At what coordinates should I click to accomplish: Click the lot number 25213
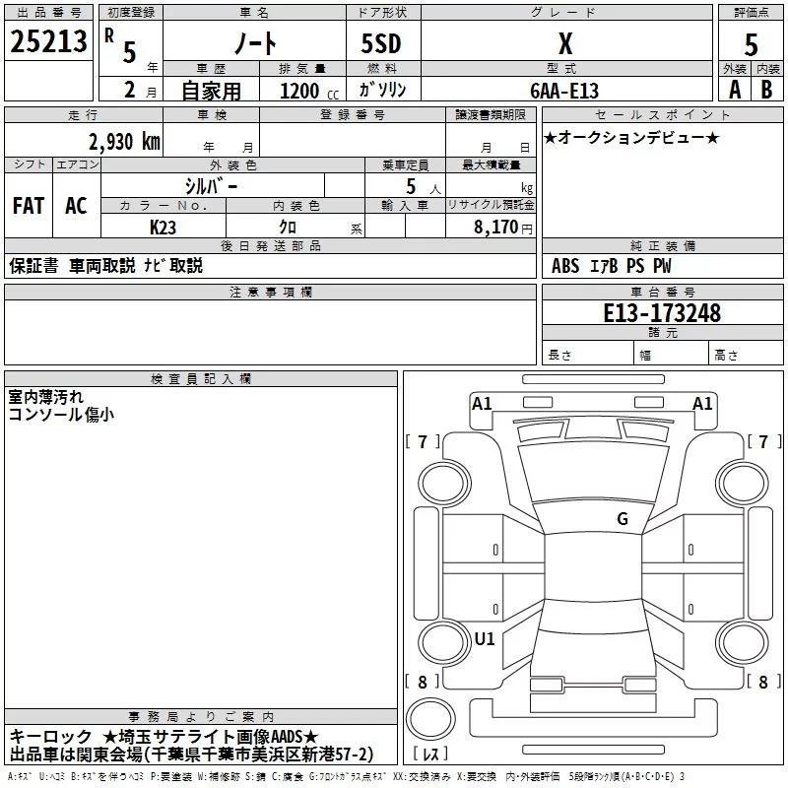click(49, 42)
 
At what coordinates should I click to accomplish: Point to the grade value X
click(564, 43)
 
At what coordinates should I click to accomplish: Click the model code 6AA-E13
click(564, 91)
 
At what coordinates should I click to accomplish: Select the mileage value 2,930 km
click(124, 141)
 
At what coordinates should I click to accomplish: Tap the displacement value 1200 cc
click(305, 92)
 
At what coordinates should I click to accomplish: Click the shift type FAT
click(29, 206)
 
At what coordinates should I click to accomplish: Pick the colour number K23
click(164, 227)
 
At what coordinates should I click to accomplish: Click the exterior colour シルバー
click(211, 185)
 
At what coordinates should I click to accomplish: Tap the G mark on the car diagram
click(622, 518)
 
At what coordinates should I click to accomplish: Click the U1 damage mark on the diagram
click(485, 638)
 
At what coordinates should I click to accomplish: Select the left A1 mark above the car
click(482, 403)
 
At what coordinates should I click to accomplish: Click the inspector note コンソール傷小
click(61, 415)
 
